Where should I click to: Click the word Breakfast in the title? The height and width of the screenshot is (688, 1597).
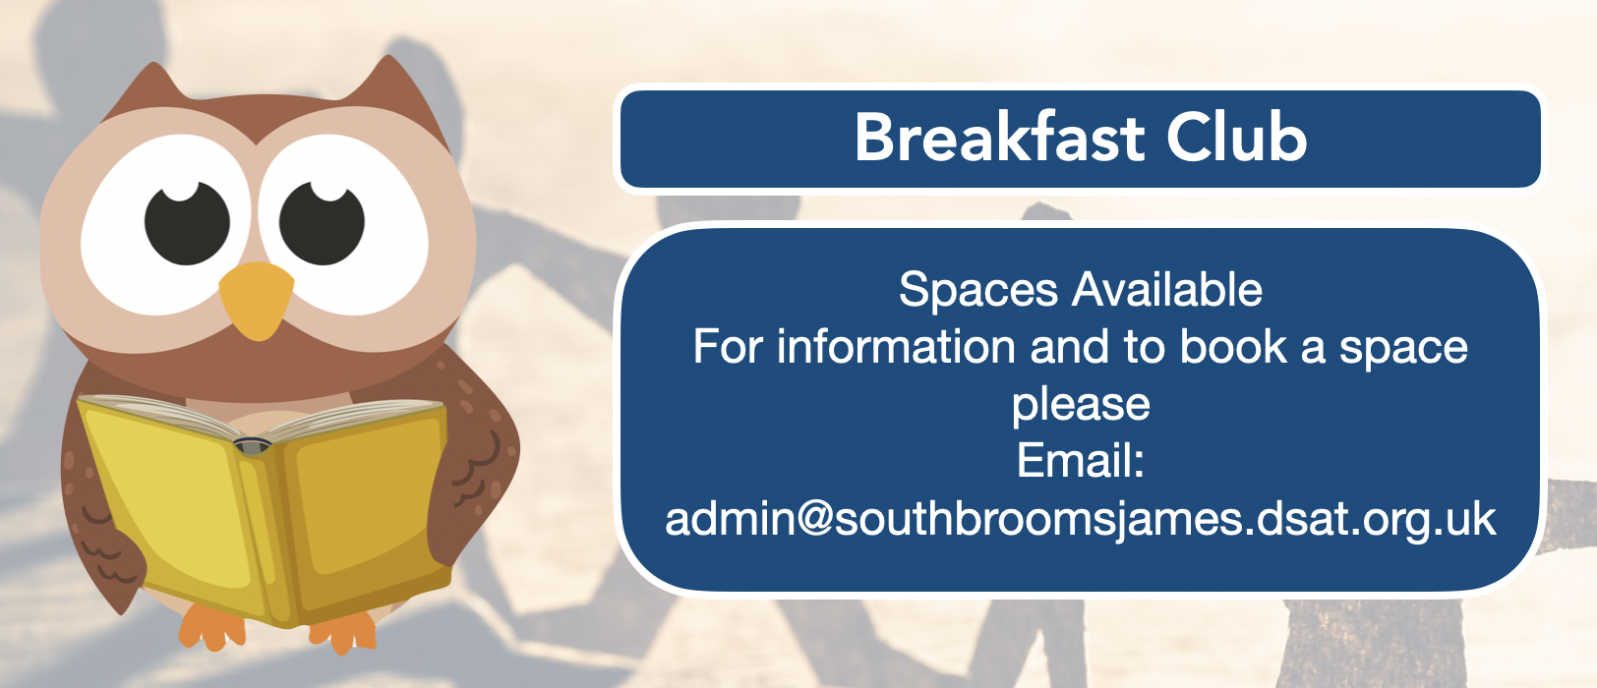[999, 138]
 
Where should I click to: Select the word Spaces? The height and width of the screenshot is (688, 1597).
[978, 291]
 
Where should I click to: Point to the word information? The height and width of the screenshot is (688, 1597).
[896, 347]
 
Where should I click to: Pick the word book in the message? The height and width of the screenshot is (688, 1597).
[1233, 347]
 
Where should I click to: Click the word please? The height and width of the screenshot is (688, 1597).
[1081, 406]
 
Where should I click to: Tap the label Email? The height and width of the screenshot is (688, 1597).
[1080, 461]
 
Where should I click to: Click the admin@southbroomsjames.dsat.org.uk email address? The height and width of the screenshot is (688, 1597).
[1080, 520]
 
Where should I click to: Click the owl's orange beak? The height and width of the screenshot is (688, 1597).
[256, 299]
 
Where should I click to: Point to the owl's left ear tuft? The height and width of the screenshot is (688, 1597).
[147, 89]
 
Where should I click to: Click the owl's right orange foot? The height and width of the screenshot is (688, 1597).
[343, 633]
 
